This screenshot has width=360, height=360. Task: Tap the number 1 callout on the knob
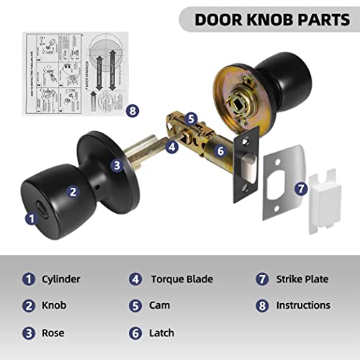click(30, 217)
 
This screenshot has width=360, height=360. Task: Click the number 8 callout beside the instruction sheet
click(131, 111)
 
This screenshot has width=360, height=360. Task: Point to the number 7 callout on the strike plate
click(302, 189)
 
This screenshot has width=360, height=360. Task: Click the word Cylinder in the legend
click(62, 279)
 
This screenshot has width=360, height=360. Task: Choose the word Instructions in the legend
click(303, 305)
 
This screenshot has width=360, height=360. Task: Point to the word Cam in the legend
click(161, 305)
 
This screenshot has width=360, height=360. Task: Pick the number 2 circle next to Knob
click(29, 305)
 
